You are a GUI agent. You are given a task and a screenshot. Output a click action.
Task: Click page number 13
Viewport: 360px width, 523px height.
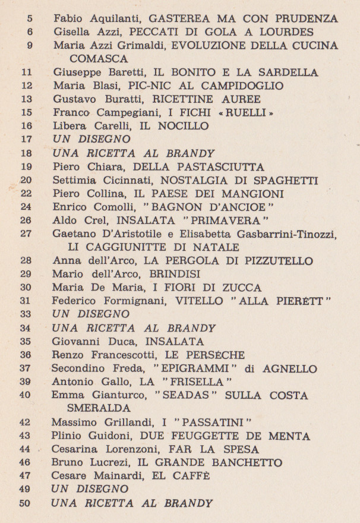[26, 99]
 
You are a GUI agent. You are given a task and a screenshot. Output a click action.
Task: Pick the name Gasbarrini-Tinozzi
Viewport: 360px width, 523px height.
[288, 234]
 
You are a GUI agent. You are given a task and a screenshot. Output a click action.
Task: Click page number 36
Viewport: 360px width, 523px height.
[26, 355]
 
